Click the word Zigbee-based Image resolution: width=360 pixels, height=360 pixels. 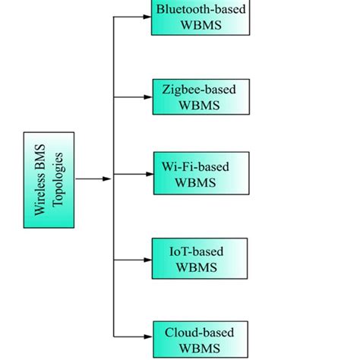[199, 89]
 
